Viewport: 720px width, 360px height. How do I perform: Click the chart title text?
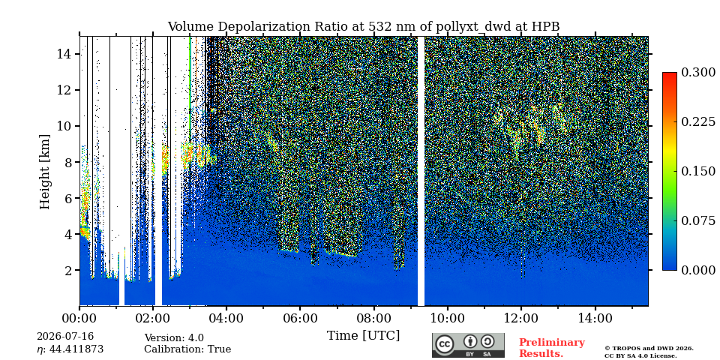[363, 27]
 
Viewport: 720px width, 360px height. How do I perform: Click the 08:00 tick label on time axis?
[373, 318]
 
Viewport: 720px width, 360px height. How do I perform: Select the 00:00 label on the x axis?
[79, 318]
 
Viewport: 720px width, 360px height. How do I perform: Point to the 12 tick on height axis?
[67, 90]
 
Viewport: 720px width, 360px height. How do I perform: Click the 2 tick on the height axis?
[72, 270]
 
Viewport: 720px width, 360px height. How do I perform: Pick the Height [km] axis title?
[44, 172]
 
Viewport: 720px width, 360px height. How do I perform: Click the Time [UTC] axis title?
[363, 336]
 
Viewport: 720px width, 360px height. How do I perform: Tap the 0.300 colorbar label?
[698, 72]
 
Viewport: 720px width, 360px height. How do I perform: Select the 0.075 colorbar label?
[698, 220]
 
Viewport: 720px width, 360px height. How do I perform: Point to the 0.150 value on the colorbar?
[698, 171]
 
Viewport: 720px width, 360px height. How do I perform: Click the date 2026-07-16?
[65, 337]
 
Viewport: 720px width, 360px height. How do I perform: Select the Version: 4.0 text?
[174, 338]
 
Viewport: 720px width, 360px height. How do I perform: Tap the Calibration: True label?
[187, 349]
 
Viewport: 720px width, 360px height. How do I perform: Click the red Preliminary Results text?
[551, 348]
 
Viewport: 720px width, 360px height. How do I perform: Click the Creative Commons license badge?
[468, 345]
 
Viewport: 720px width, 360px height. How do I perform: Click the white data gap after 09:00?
[421, 171]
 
